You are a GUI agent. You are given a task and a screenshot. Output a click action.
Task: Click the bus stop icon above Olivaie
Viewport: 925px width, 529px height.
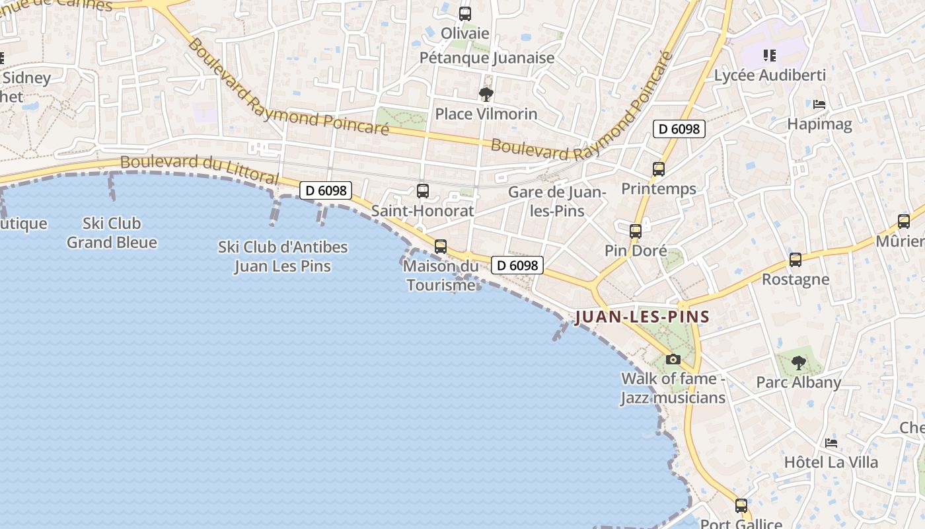[x=465, y=13]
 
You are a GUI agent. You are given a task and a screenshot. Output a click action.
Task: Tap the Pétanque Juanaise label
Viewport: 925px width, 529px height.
[x=487, y=58]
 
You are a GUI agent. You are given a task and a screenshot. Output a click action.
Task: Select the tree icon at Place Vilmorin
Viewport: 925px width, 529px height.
[x=486, y=94]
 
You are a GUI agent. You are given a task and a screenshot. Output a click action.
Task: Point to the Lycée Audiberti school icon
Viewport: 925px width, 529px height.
[x=769, y=55]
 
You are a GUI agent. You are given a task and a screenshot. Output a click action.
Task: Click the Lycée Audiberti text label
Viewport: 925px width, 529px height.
[x=770, y=75]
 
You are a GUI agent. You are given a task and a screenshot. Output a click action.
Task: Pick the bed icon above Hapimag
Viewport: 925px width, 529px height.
[x=819, y=104]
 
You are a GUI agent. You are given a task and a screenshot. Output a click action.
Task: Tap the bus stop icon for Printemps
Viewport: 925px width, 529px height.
[x=659, y=169]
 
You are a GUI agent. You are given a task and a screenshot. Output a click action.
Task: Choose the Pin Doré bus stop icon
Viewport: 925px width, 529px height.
[x=636, y=231]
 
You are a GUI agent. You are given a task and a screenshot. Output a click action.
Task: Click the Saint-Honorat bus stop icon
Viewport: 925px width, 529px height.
[x=423, y=191]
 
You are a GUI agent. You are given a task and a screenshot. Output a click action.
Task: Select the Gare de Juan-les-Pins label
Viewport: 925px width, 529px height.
[x=557, y=201]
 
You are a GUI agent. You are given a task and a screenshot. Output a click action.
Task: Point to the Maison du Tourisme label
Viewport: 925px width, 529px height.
[x=441, y=276]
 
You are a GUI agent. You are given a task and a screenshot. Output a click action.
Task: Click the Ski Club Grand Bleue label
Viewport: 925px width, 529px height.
[x=112, y=233]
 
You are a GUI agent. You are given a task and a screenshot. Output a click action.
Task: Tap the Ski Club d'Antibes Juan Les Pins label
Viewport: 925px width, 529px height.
[x=283, y=257]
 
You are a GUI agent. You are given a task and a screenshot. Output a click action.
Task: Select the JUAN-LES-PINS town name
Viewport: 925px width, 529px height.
[x=642, y=317]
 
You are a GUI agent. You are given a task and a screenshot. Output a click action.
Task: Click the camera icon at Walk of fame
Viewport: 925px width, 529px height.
[x=673, y=359]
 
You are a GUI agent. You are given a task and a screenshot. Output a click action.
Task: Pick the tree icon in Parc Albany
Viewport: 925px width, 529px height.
[x=799, y=362]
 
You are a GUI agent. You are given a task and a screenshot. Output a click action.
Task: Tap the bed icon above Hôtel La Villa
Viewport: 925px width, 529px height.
[x=831, y=442]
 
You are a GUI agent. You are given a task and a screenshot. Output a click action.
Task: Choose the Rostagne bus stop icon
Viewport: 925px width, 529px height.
[x=795, y=260]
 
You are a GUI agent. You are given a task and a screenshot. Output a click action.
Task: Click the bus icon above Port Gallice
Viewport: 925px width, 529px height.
[x=741, y=506]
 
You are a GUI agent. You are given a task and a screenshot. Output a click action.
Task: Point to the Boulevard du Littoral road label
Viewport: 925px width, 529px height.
[x=200, y=169]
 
